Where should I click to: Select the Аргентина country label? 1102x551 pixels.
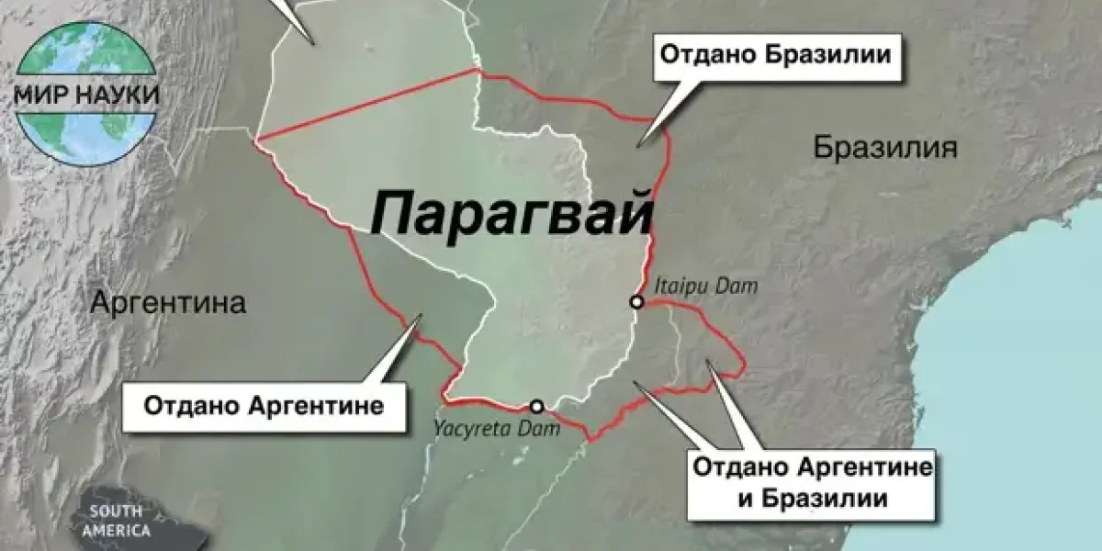pos(168,303)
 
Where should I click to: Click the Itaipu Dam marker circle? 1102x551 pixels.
pos(635,301)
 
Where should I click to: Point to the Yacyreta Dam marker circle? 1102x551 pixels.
pos(536,406)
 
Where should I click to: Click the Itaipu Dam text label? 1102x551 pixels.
pos(705,287)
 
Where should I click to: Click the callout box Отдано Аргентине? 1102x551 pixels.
pos(264,405)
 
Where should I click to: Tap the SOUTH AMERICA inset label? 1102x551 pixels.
pos(115,521)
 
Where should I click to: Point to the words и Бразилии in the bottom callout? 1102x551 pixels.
pos(813,500)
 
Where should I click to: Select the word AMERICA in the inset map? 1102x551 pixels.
pos(115,530)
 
